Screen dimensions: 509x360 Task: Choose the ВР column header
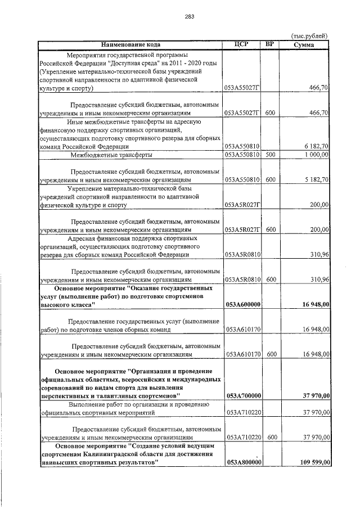pos(270,44)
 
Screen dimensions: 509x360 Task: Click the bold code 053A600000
pos(242,304)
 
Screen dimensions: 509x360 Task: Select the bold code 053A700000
pos(242,396)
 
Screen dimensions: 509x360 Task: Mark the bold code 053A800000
pos(242,462)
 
